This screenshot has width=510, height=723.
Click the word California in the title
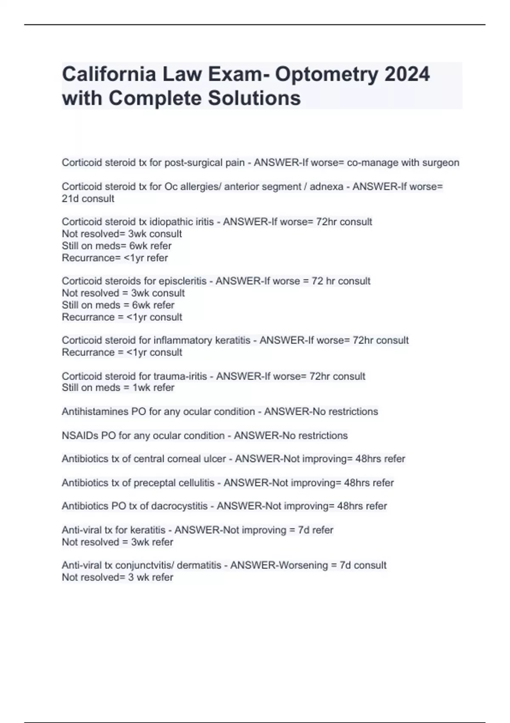[109, 74]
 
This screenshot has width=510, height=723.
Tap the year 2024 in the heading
[407, 74]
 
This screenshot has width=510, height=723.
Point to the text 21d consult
[88, 199]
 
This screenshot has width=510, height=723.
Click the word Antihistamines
[95, 411]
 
